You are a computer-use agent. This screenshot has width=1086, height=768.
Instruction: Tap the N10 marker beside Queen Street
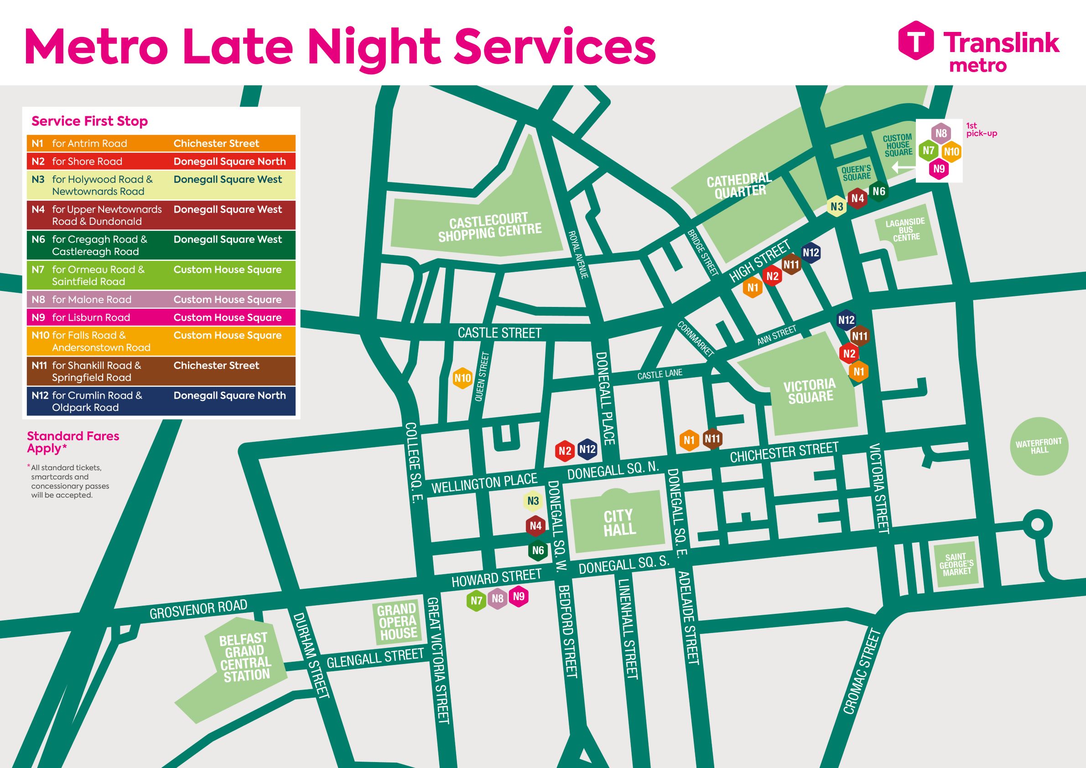coord(462,378)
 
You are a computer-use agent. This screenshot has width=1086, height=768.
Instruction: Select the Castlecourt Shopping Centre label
coord(489,228)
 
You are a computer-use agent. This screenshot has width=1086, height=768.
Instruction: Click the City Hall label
coord(618,523)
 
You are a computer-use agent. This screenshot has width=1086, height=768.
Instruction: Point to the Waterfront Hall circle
coord(1039,446)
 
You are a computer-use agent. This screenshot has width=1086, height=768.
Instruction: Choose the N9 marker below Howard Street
coord(519,597)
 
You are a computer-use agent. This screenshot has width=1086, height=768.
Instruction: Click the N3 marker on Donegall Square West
coord(533,501)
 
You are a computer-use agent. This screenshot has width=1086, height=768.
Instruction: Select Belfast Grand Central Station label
coord(244,657)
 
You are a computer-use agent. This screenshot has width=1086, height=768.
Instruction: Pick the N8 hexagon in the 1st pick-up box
coord(941,133)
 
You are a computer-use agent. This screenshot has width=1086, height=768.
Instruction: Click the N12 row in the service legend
coord(161,401)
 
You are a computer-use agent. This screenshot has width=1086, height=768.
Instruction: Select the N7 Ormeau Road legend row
coord(161,275)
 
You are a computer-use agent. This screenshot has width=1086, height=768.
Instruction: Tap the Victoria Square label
coord(810,391)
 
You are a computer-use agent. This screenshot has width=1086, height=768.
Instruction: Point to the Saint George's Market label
coord(956,564)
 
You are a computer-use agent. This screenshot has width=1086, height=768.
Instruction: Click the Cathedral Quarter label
coord(739,185)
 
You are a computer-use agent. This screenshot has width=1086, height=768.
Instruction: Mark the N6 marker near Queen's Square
coord(878,192)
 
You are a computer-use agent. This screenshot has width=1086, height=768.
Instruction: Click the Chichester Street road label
coord(784,452)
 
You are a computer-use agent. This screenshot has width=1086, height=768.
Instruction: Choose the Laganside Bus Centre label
coord(905,230)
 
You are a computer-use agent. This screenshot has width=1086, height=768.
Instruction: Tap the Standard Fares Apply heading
coord(73,442)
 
